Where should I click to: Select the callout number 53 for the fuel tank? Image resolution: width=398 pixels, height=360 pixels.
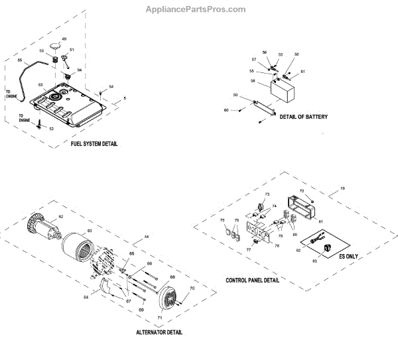pyautogui.click(x=40, y=85)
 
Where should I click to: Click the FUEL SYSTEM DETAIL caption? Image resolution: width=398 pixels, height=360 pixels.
pyautogui.click(x=94, y=144)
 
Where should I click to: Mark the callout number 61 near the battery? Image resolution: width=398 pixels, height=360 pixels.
pyautogui.click(x=303, y=72)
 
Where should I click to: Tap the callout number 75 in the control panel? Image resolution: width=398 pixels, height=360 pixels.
pyautogui.click(x=222, y=220)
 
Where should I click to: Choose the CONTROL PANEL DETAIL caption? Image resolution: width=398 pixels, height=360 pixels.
pyautogui.click(x=252, y=280)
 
